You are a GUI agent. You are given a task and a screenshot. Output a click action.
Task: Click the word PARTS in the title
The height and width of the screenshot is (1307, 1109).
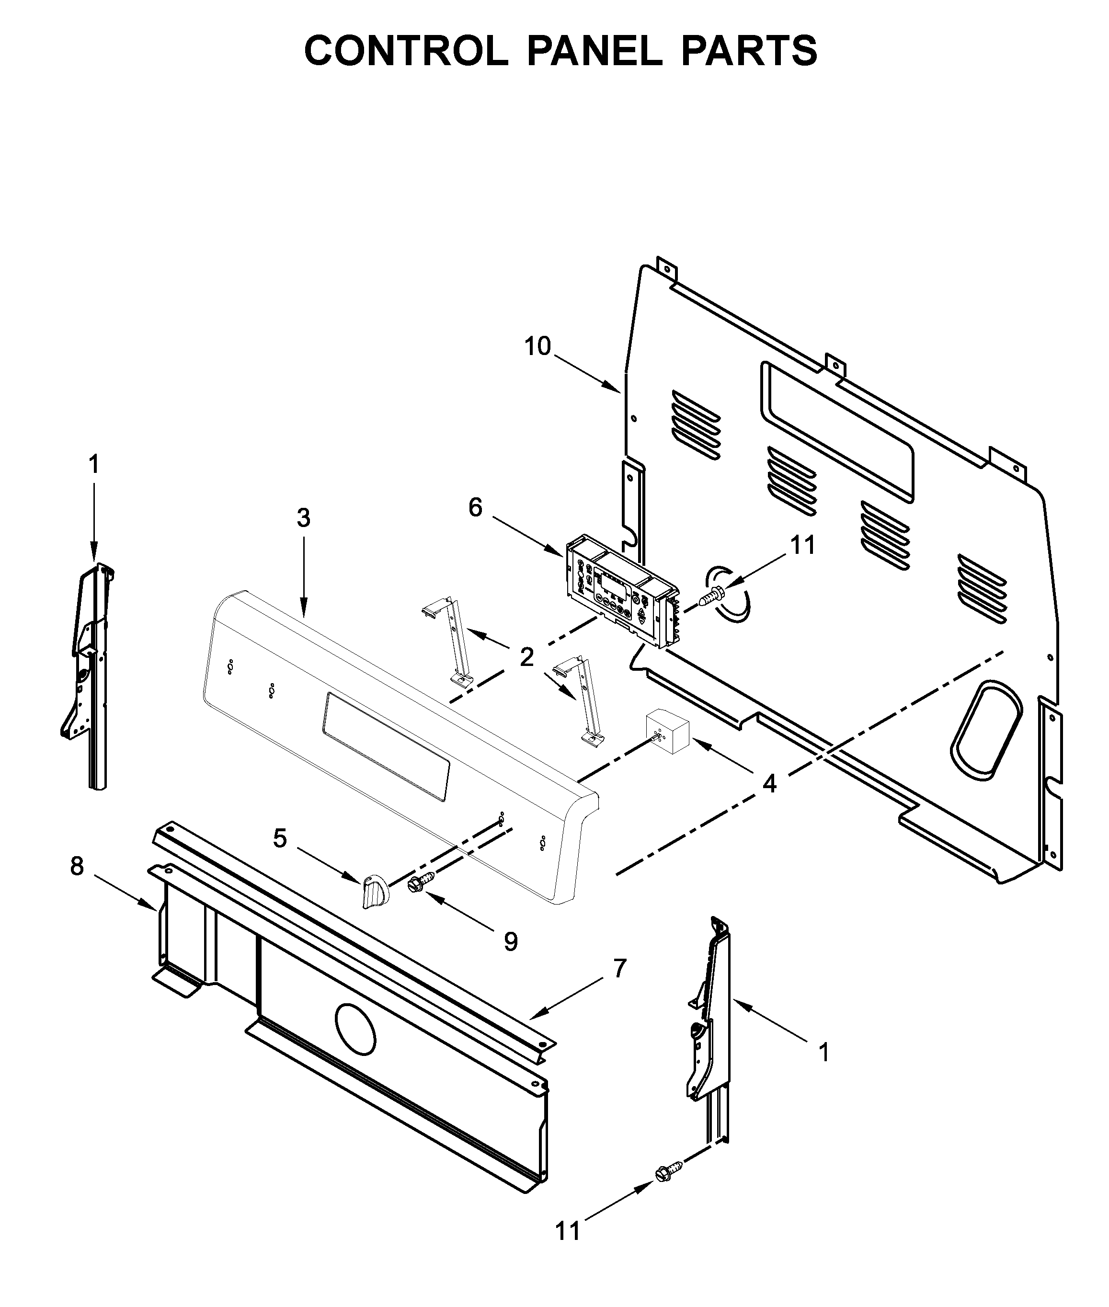[x=749, y=50]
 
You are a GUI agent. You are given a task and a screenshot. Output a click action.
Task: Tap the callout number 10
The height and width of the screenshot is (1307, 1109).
[x=537, y=346]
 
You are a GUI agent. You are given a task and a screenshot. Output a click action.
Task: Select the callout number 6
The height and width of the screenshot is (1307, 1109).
[x=475, y=507]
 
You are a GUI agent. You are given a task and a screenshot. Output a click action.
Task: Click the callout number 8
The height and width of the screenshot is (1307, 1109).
[x=77, y=866]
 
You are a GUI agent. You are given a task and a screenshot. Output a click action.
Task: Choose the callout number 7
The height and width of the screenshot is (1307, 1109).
[x=620, y=969]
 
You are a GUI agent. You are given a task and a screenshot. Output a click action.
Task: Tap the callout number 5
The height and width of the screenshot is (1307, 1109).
[x=280, y=838]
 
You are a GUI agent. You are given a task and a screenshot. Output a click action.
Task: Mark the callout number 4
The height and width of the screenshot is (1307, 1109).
[x=769, y=783]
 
